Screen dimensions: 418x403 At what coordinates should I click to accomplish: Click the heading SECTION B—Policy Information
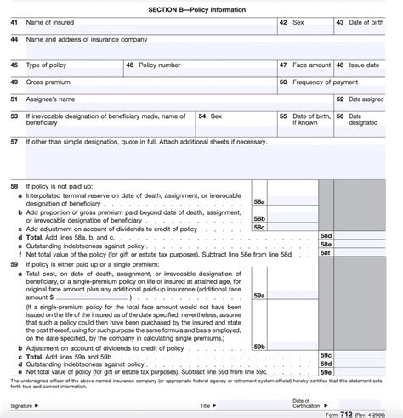click(201, 8)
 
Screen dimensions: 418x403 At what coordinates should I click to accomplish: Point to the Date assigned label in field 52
click(371, 99)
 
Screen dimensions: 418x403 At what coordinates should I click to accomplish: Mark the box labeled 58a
click(259, 203)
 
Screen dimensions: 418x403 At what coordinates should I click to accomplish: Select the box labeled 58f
click(325, 252)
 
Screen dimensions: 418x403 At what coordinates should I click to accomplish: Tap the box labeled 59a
click(259, 295)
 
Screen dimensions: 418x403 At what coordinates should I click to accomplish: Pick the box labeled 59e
click(325, 371)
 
